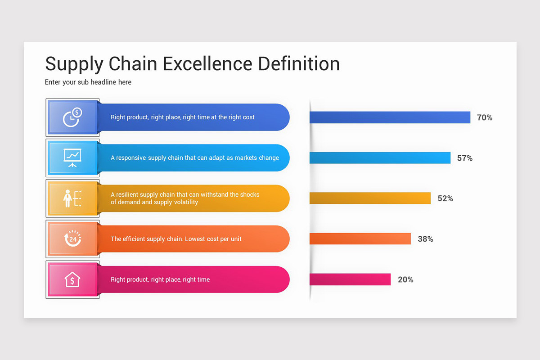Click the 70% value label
pos(485,117)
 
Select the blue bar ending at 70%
pos(390,117)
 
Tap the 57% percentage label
pos(465,158)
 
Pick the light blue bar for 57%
pos(380,158)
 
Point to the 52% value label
pos(445,198)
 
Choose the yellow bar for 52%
pos(370,198)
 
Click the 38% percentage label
pos(425,239)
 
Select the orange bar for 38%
pos(360,239)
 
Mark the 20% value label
pos(405,279)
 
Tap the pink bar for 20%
pos(350,279)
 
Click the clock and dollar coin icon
pos(72,117)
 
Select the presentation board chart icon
pos(72,158)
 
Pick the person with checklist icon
pos(72,198)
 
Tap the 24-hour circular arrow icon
pos(72,239)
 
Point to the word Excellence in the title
pos(208,63)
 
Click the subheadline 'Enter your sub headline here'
pos(88,82)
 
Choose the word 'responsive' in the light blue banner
pos(131,158)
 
